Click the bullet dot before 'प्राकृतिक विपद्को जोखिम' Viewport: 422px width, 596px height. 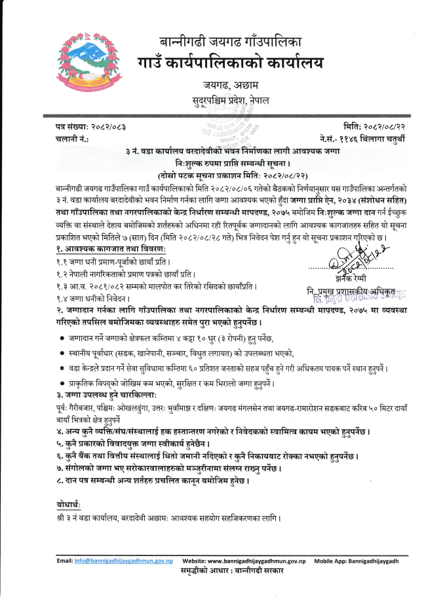[x=61, y=383]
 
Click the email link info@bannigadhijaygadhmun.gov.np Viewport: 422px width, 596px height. [x=124, y=561]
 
